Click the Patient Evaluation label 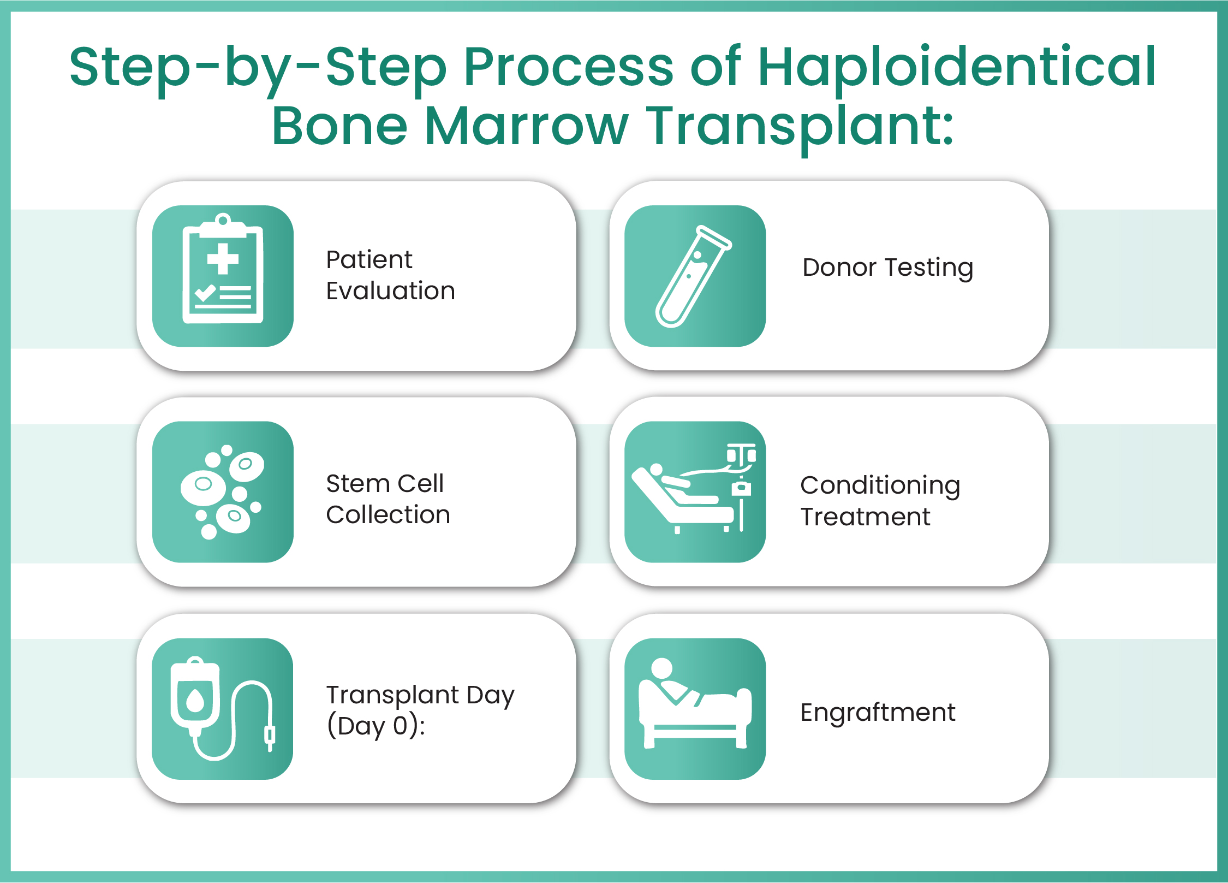[x=390, y=275]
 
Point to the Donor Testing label [x=887, y=268]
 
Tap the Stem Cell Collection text [x=388, y=499]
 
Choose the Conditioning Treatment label [x=880, y=501]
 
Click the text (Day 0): [x=375, y=726]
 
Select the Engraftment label [x=878, y=712]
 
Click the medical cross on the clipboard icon [x=223, y=258]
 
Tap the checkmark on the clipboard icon [x=205, y=293]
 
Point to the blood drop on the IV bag [x=195, y=700]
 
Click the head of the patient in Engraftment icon [x=662, y=668]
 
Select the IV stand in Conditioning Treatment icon [x=741, y=486]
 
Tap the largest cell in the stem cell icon [x=204, y=487]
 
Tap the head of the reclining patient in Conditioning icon [x=656, y=469]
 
